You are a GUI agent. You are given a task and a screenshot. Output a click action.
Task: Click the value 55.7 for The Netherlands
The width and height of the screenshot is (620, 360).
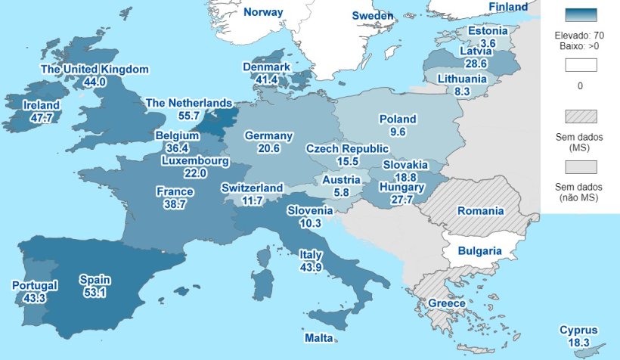[x=188, y=116]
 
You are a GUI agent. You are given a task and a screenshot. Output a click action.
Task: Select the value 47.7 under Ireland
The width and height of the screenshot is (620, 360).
[x=38, y=119]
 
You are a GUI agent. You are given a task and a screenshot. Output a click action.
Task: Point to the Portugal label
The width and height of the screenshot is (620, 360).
[x=35, y=286]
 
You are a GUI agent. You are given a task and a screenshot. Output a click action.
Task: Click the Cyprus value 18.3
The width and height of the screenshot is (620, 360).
[x=578, y=343]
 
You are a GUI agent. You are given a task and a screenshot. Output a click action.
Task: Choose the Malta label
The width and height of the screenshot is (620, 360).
[x=318, y=337]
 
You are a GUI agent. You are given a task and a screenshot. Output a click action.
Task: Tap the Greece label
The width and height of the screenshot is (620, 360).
[x=447, y=303]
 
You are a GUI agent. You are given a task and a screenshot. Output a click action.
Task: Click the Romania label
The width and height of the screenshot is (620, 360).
[x=480, y=212]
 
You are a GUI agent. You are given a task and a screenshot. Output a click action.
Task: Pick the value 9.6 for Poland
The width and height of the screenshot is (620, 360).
[x=398, y=132]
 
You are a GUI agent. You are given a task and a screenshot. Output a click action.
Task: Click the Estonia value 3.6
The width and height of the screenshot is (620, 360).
[x=488, y=44]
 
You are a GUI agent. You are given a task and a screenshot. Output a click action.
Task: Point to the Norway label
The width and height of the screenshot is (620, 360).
[x=263, y=12]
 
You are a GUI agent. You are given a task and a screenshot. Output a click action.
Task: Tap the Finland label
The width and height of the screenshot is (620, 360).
[x=508, y=7]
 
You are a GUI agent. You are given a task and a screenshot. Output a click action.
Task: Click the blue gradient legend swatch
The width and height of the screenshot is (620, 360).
[x=580, y=15]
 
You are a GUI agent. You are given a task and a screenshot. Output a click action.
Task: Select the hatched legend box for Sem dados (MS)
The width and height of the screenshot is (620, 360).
[x=580, y=116]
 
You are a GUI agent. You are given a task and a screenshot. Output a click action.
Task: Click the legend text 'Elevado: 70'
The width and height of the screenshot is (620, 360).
[x=579, y=36]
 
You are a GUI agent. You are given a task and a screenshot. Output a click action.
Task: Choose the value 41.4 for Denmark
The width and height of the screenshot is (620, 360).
[x=266, y=79]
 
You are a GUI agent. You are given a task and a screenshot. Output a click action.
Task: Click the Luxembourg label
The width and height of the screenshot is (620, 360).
[x=195, y=161]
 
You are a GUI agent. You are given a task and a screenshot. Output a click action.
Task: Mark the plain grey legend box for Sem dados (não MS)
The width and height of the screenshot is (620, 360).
[x=580, y=166]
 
